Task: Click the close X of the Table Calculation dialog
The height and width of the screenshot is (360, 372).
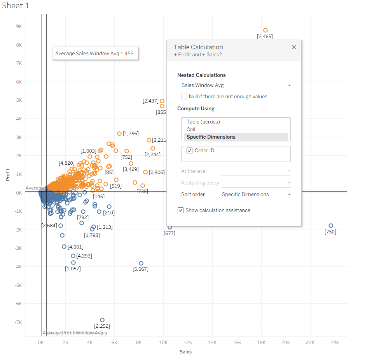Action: tap(294, 47)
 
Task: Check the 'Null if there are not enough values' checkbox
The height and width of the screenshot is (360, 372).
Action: tap(184, 96)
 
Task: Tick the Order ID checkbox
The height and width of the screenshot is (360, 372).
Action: tap(190, 151)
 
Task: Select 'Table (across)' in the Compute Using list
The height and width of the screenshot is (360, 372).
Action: tap(203, 122)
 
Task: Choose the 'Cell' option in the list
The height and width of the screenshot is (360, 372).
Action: tap(191, 129)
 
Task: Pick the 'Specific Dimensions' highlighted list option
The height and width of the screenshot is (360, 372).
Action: tap(211, 137)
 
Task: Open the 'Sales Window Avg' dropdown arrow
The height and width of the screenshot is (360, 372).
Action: tap(289, 85)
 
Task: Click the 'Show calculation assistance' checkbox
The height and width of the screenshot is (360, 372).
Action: tap(181, 210)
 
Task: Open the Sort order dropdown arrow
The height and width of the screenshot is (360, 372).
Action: tap(289, 195)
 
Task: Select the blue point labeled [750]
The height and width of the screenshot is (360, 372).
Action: tap(331, 226)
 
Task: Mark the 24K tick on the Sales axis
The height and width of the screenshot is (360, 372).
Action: tap(335, 343)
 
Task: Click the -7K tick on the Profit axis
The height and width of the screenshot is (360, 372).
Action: tap(18, 322)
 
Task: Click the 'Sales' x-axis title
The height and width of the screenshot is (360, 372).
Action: tap(185, 352)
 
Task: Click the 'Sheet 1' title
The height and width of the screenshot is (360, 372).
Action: tap(16, 6)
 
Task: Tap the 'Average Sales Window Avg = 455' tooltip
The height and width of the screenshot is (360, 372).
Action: tap(94, 54)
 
